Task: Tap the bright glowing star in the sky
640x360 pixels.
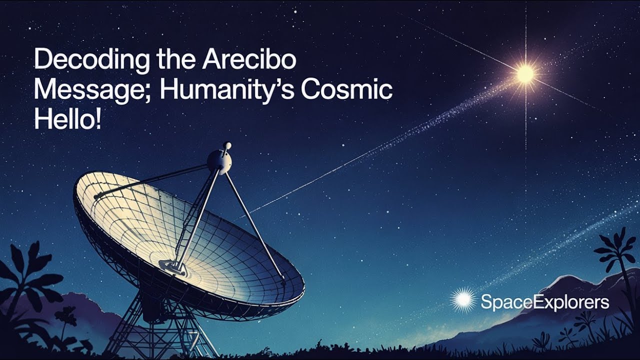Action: click(525, 74)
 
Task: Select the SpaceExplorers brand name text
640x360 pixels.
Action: click(545, 302)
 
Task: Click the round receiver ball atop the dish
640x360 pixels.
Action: click(219, 160)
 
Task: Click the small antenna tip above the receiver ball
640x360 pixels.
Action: click(227, 146)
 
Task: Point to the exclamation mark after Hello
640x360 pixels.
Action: click(97, 120)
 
